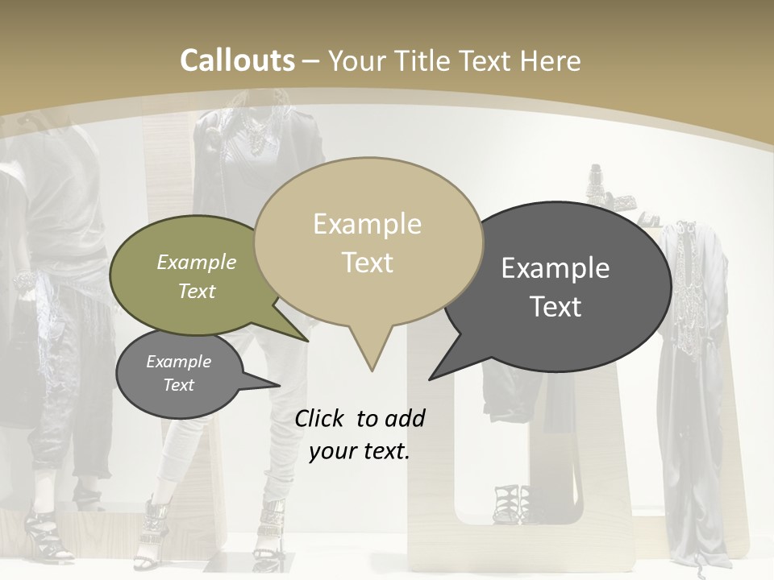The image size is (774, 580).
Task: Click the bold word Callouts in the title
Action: tap(237, 60)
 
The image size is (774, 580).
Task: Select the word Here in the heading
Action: tap(549, 60)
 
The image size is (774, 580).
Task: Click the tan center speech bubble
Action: tap(368, 242)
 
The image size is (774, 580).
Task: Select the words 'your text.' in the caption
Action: tap(359, 451)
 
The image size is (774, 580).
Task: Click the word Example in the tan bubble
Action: tap(367, 224)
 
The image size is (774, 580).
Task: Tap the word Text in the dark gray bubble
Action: tap(556, 306)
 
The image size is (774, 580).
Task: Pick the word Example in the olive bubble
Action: tap(197, 263)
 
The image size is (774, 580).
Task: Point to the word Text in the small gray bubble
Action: tap(179, 385)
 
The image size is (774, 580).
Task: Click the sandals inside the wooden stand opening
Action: tap(513, 503)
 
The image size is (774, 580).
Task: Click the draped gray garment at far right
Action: tap(693, 403)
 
